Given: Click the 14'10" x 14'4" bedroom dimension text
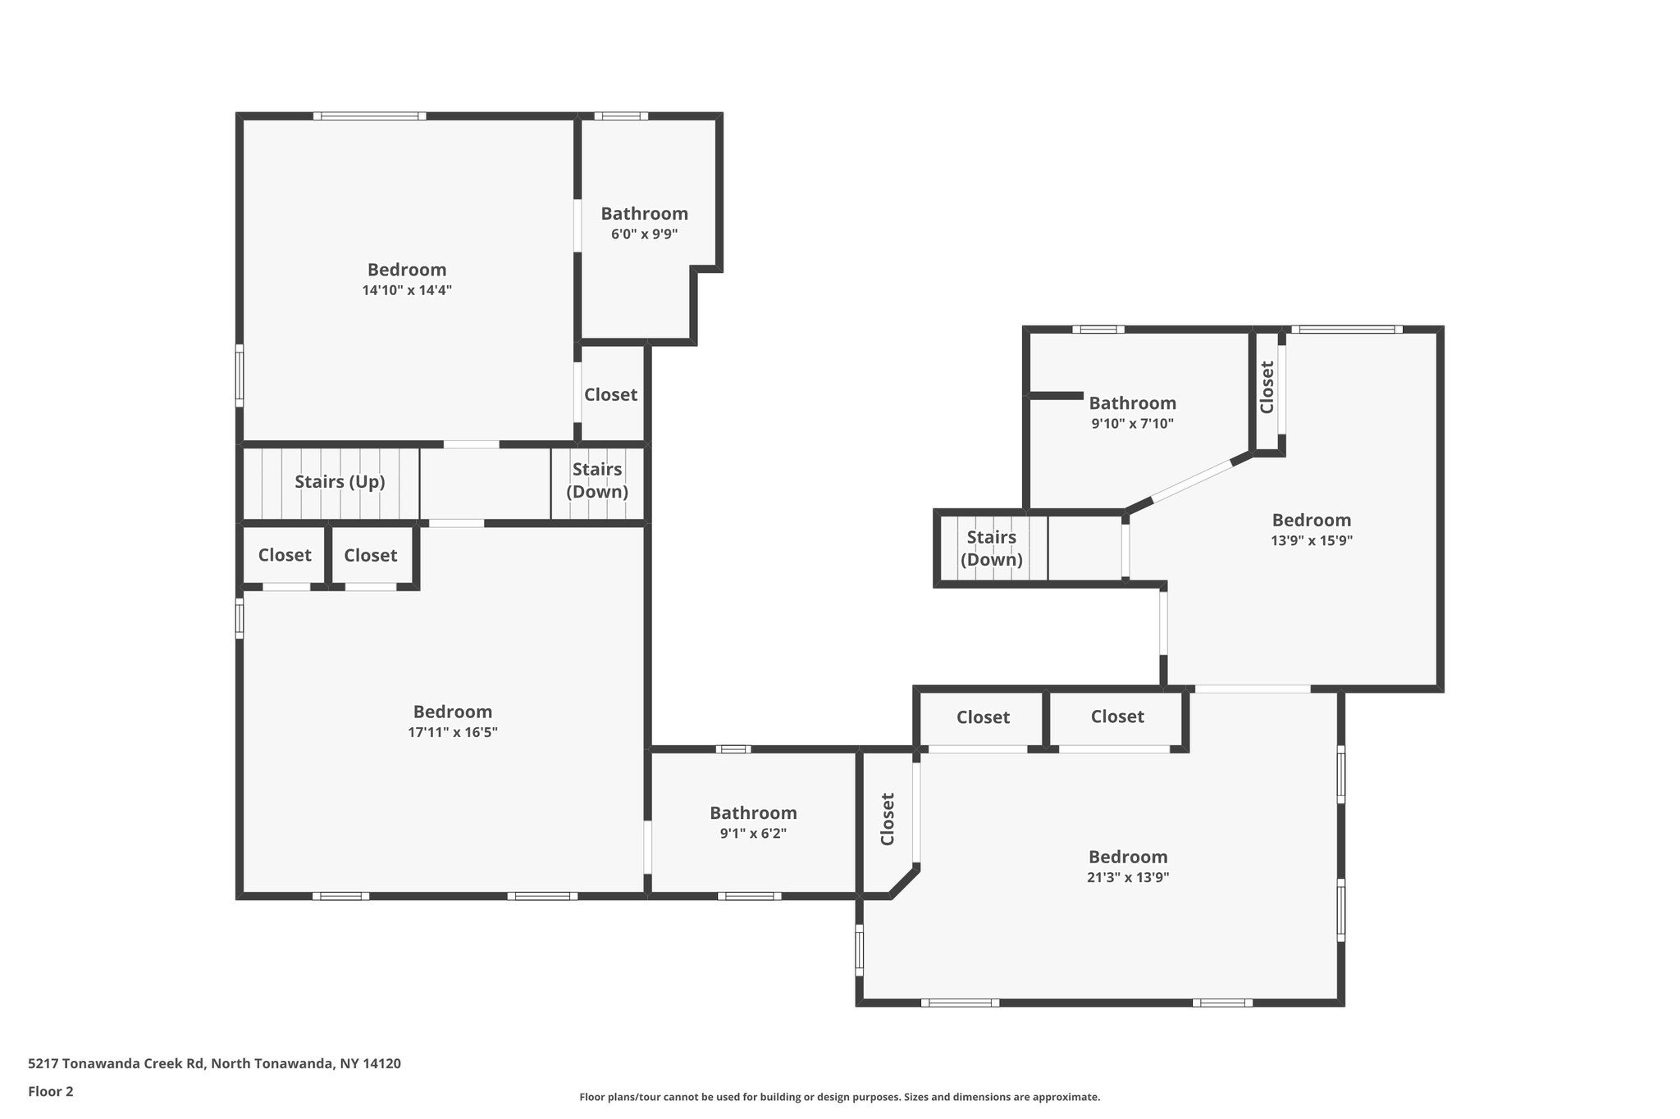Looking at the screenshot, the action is (407, 290).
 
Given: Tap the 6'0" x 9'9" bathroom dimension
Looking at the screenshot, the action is (644, 234).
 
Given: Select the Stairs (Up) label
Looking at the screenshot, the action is (340, 482).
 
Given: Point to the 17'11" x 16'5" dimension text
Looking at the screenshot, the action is (453, 732).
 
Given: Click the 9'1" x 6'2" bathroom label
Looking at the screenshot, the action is (753, 834).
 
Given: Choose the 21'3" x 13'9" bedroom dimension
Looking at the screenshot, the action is (1128, 877).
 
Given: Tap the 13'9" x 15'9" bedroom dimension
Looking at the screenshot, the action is (1312, 541).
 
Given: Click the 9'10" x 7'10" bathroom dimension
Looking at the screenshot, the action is (1132, 424).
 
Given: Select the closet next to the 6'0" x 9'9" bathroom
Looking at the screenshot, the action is (610, 395).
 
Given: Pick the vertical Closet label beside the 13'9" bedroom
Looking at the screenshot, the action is (1267, 388).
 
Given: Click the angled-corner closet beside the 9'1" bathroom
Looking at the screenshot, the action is (887, 819).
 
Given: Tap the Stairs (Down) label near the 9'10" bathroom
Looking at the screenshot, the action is (992, 548).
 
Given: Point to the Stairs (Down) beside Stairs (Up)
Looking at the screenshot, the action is (597, 480).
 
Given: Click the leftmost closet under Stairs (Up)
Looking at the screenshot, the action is (285, 556).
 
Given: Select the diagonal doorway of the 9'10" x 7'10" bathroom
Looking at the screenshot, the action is (1192, 481).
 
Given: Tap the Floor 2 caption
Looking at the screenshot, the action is (51, 1092).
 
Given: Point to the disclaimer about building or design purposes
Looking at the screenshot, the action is (840, 1097).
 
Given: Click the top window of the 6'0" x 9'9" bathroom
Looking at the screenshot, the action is (621, 116).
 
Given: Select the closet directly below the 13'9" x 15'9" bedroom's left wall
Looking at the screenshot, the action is (1117, 717).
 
